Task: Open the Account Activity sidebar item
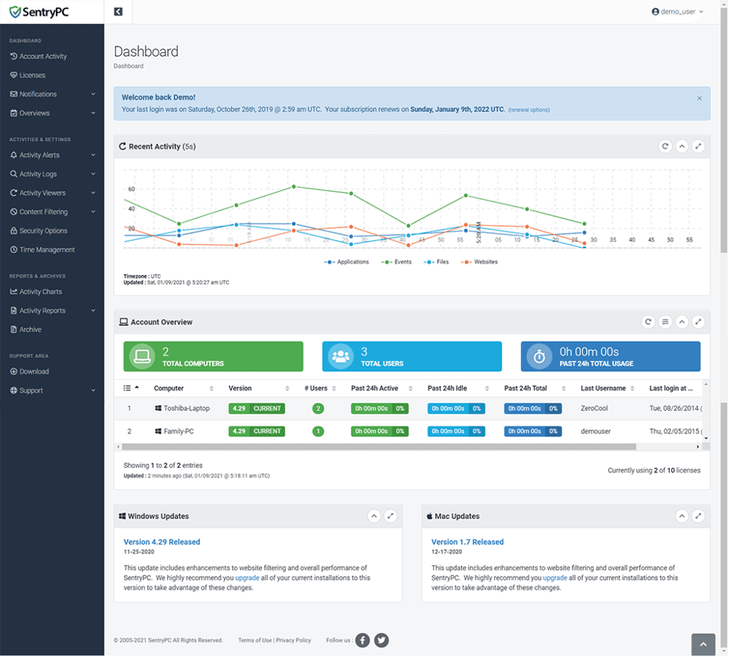43,57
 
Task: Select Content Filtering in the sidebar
44,212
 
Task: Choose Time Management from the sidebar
47,250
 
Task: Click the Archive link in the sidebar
31,329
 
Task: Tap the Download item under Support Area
34,371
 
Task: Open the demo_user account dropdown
677,12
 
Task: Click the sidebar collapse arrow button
118,11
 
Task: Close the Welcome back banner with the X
699,99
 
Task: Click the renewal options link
529,110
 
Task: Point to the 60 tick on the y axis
131,189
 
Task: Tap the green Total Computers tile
213,357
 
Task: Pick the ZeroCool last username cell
594,409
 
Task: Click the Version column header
240,388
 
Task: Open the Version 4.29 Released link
162,542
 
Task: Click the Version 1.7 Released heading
467,542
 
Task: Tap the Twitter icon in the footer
381,640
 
